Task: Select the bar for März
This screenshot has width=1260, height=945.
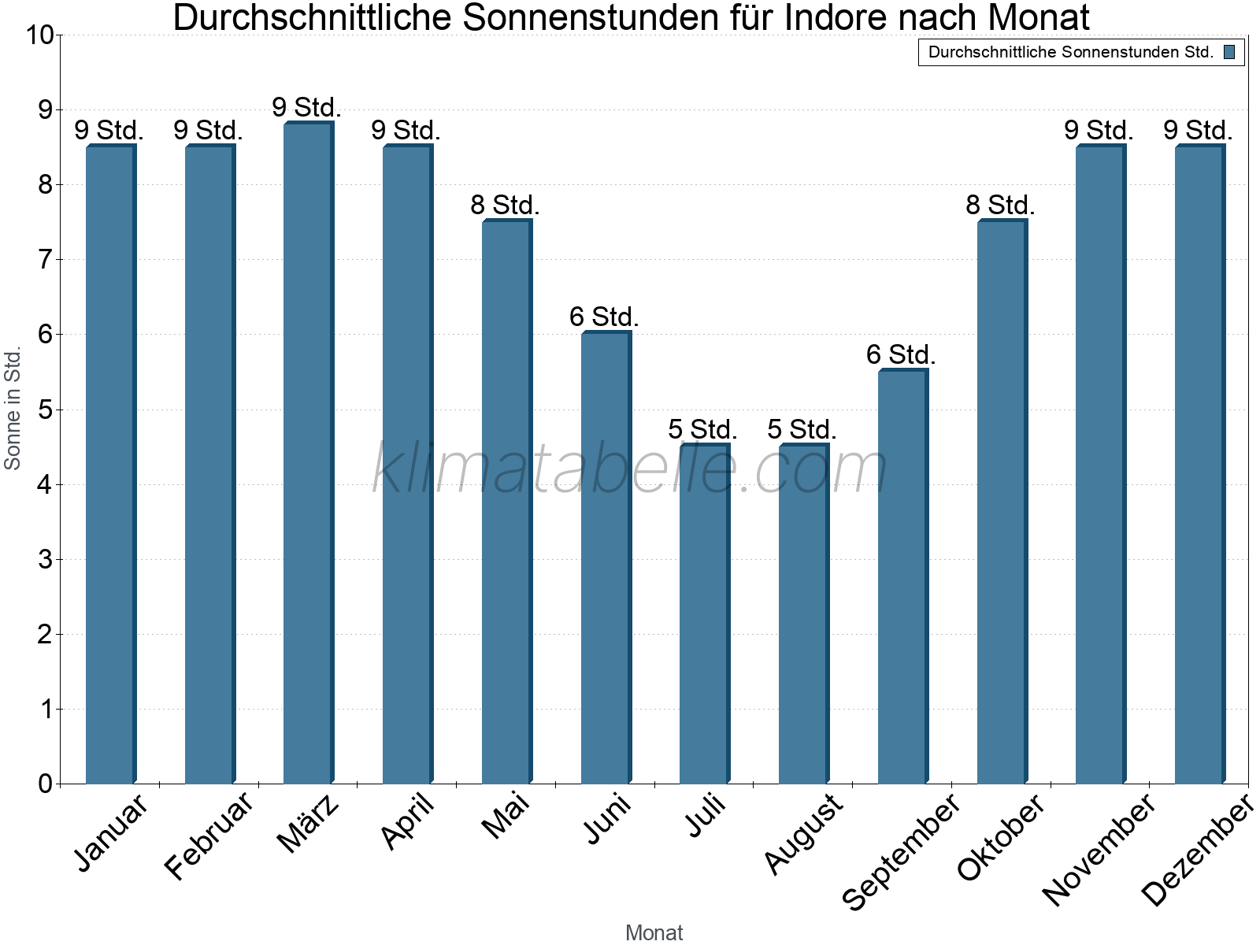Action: pyautogui.click(x=308, y=453)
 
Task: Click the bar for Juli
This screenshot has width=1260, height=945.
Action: pyautogui.click(x=704, y=614)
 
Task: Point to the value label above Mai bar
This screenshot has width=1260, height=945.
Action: pyautogui.click(x=505, y=206)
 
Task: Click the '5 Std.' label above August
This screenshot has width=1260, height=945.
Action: pyautogui.click(x=802, y=430)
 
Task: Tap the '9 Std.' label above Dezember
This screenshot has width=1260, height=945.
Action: pyautogui.click(x=1198, y=131)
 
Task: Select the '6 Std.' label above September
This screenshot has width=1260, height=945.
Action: pyautogui.click(x=901, y=355)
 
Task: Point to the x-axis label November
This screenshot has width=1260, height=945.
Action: pyautogui.click(x=1099, y=849)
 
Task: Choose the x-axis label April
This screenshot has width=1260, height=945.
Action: pyautogui.click(x=407, y=821)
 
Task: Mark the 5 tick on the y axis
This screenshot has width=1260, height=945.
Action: pyautogui.click(x=45, y=410)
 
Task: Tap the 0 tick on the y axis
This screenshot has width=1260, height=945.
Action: pyautogui.click(x=45, y=784)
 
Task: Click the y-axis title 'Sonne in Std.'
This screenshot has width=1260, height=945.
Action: pyautogui.click(x=13, y=409)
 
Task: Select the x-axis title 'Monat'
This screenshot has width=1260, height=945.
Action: pyautogui.click(x=654, y=933)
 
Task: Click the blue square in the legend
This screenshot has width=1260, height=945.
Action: pyautogui.click(x=1229, y=53)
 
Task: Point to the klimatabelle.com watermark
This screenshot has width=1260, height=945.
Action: pyautogui.click(x=630, y=469)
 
